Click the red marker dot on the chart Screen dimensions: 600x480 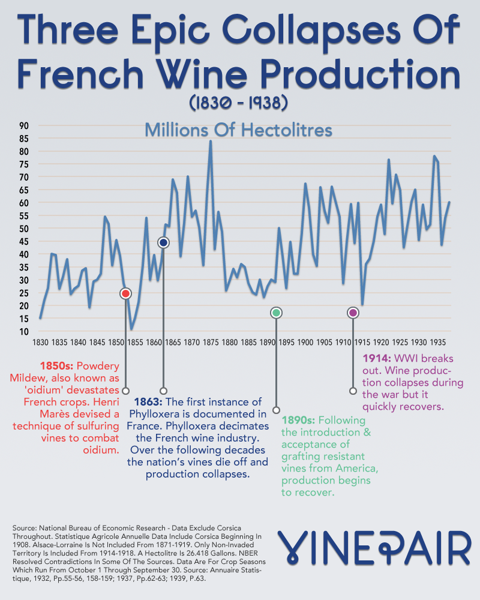point(125,293)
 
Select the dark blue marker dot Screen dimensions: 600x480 point(163,242)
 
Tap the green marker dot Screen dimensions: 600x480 point(276,313)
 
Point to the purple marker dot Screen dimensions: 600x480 point(353,313)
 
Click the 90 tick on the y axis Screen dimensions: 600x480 point(23,126)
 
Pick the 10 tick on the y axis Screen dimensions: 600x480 point(23,331)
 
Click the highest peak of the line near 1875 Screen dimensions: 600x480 point(210,142)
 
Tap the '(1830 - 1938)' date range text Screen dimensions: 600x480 point(239,104)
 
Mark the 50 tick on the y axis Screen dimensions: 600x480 point(23,229)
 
